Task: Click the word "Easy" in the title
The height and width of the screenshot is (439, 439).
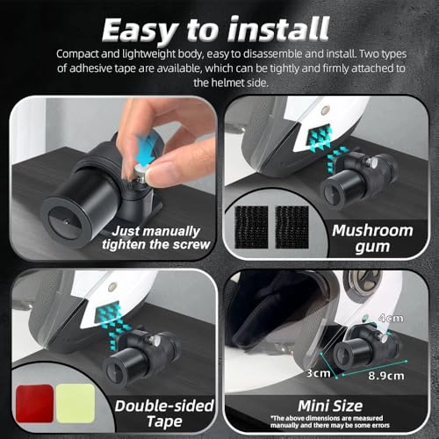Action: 139,31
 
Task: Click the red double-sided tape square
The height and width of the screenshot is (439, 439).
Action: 34,403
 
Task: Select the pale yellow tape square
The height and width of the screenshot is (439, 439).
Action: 76,403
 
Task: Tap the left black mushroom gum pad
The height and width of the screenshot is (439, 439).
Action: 251,227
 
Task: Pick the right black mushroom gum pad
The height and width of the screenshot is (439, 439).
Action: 292,227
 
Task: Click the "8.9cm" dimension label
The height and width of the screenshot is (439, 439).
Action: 386,376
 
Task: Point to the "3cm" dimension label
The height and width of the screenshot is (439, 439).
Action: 318,373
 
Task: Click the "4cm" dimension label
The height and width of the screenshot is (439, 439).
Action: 391,318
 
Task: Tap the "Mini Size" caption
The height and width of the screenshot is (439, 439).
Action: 330,407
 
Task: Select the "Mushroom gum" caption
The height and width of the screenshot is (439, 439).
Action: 372,239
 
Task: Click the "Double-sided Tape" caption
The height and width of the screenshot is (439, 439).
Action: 164,414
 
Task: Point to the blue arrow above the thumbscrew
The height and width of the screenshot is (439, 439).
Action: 146,150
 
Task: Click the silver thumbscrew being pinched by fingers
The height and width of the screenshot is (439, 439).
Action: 141,175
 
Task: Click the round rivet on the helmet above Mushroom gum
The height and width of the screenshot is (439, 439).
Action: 324,111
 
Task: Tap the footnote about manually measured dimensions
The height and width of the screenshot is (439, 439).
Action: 330,421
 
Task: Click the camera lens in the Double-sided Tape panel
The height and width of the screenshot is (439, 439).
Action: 117,374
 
